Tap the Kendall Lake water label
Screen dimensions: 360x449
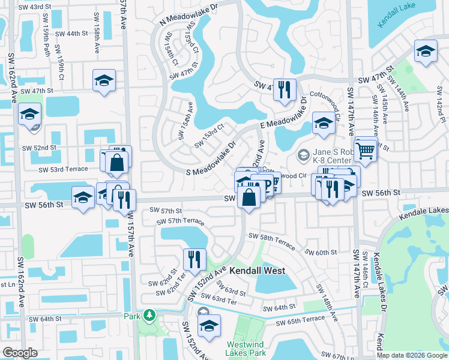397,16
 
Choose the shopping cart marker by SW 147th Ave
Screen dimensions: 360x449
365,151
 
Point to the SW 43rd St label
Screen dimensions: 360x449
35,7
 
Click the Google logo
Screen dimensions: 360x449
20,353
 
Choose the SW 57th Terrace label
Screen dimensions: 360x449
181,221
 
